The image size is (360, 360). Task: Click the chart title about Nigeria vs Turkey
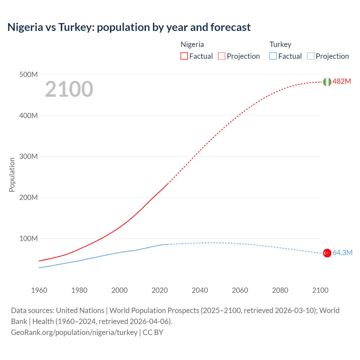tap(129, 27)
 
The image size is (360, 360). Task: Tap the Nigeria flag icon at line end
tap(327, 82)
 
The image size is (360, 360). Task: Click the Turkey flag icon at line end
tap(327, 253)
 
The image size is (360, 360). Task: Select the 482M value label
tap(342, 82)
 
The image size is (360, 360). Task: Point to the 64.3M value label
tap(342, 253)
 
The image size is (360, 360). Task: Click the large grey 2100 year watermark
tap(69, 89)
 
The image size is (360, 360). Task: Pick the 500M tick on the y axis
tap(28, 75)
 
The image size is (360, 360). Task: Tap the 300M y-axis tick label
tap(28, 157)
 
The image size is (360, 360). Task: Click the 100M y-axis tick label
tap(28, 239)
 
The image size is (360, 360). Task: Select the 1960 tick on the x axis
tap(39, 290)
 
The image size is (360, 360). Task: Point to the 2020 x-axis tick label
tap(159, 290)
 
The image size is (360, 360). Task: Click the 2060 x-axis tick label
tap(240, 290)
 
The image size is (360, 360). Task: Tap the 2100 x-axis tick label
tap(320, 290)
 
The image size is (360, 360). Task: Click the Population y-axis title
tap(12, 175)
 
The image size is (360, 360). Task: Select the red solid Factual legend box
tap(184, 56)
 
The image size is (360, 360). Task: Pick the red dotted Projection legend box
tap(222, 56)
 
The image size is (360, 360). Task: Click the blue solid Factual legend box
tap(273, 56)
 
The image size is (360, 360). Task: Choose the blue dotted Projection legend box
tap(311, 56)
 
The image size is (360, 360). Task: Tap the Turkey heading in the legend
tap(280, 44)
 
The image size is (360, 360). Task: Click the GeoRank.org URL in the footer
tap(74, 332)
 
